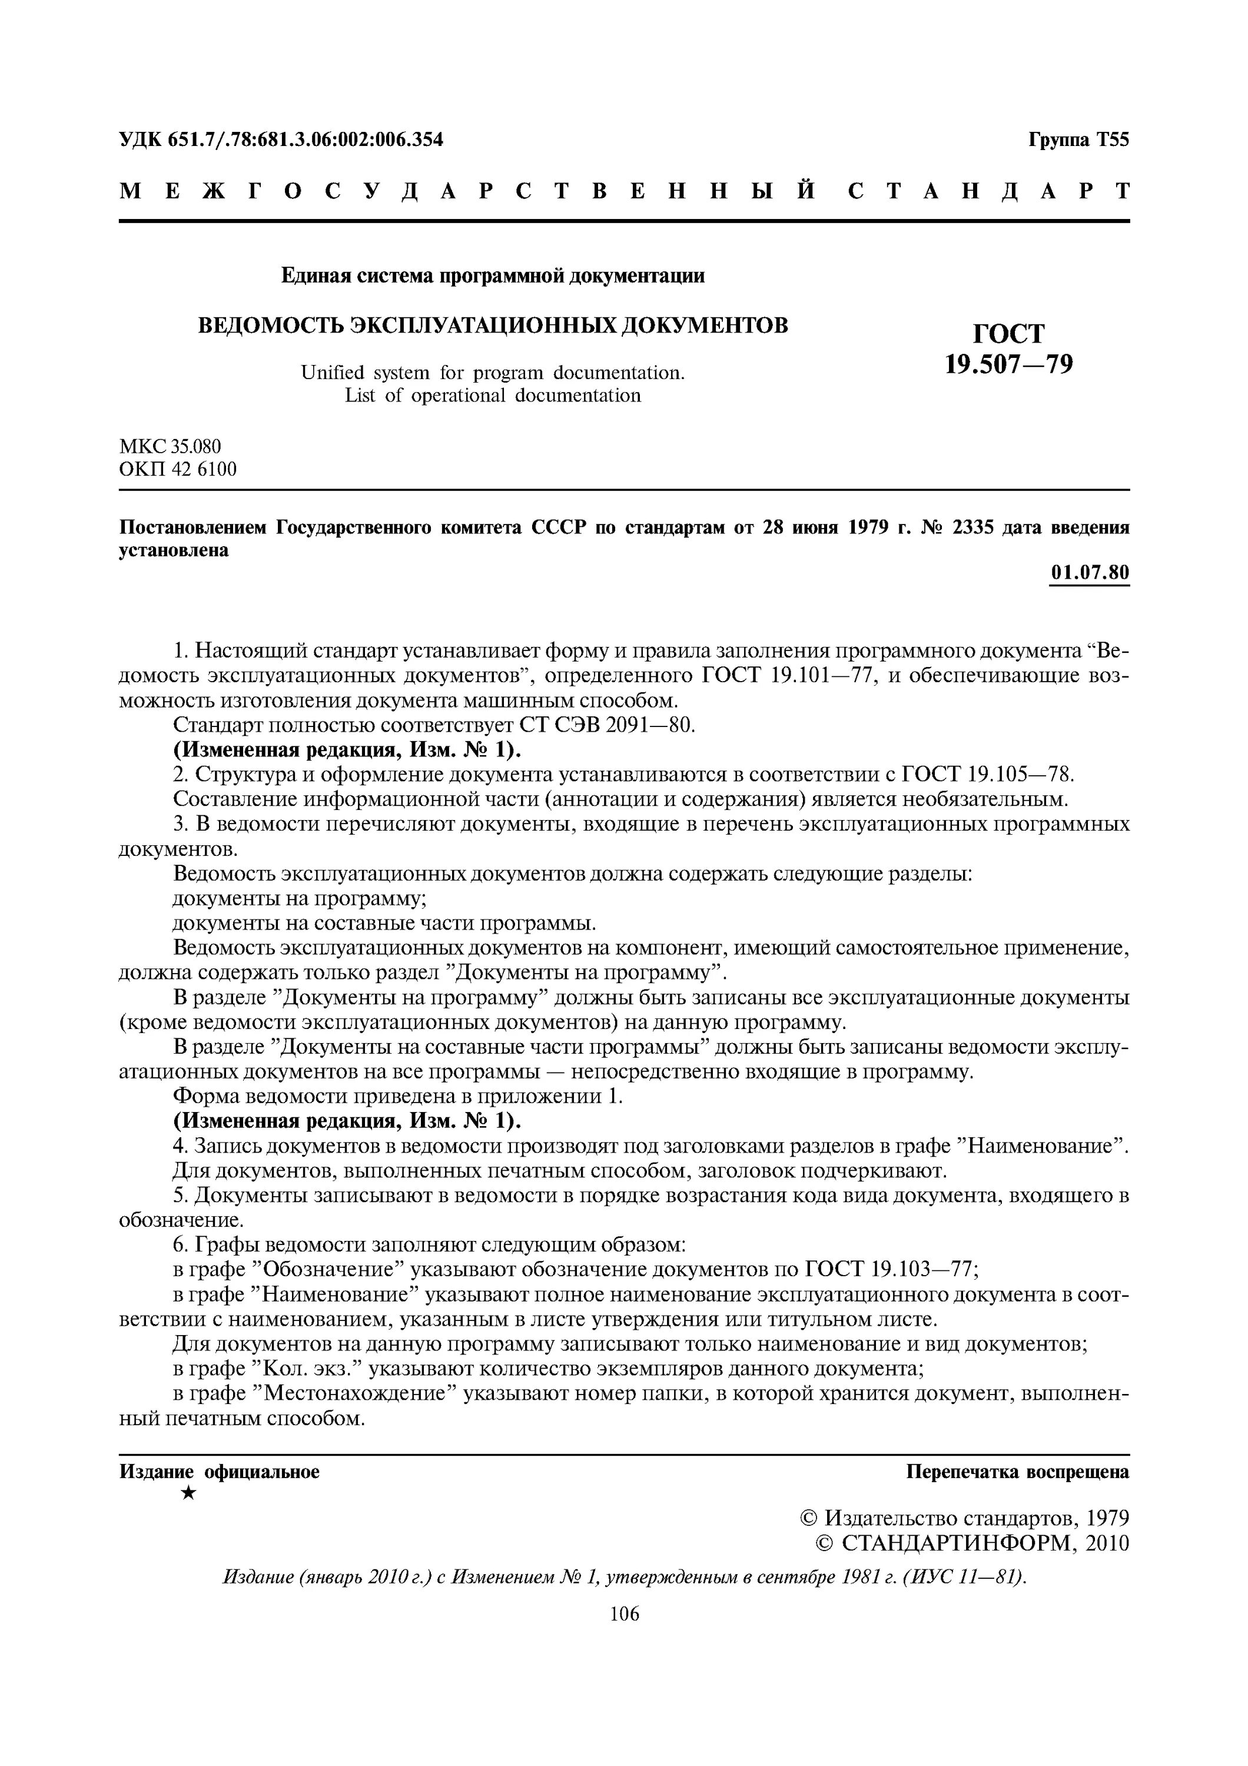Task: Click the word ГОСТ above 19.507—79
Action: (1009, 333)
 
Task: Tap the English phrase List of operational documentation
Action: (492, 396)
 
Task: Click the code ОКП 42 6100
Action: (178, 469)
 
